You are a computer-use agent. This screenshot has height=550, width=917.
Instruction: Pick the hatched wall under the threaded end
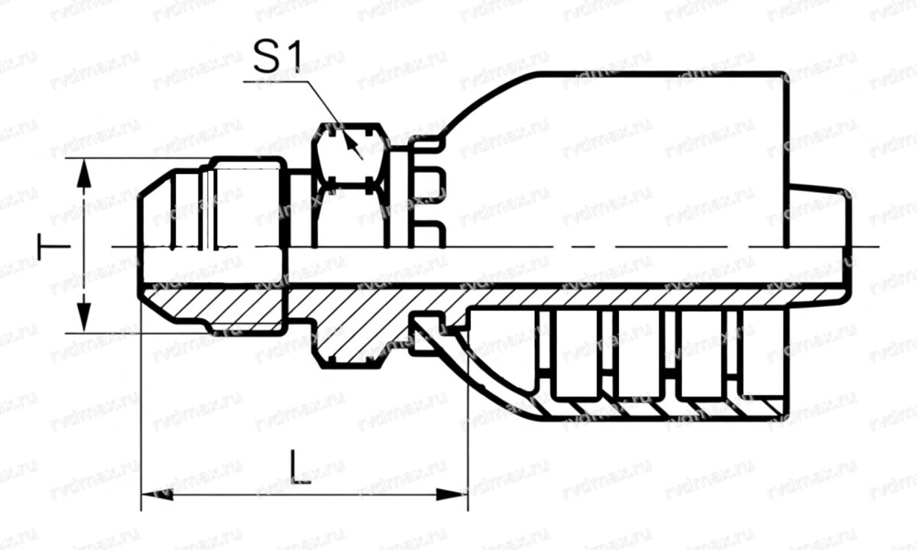(x=222, y=306)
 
